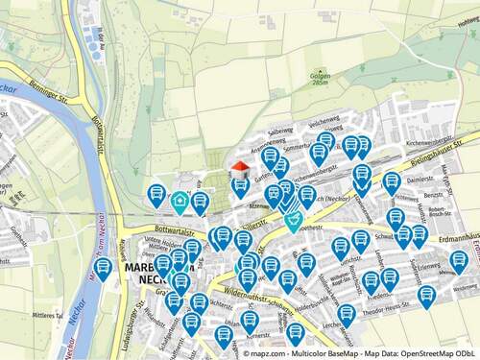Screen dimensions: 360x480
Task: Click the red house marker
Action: (240, 169)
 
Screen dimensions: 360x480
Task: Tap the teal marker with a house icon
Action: (180, 202)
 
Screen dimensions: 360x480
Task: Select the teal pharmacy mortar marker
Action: (293, 221)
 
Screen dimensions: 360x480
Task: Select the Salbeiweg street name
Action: (279, 132)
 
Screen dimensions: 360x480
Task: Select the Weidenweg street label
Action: (466, 287)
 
